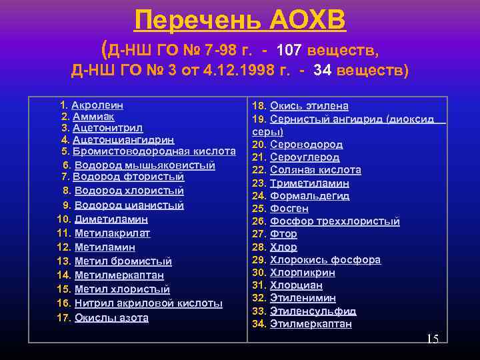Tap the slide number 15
coord(432,339)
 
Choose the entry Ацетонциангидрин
coord(123,139)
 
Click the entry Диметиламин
coord(111,219)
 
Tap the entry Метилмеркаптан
coord(119,275)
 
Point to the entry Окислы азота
coord(111,317)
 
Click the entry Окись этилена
coord(309,105)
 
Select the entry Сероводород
coord(307,144)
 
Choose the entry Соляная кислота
coord(315,169)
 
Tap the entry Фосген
coord(289,208)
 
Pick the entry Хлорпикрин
coord(303,272)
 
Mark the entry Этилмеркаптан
coord(311,324)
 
